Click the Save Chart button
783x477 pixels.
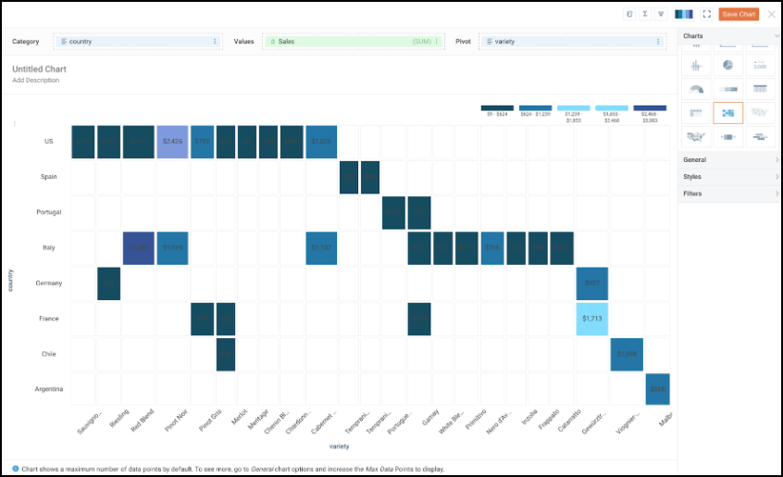739,14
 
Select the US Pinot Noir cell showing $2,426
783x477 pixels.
173,141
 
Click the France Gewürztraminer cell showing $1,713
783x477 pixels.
592,318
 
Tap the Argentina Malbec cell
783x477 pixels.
658,389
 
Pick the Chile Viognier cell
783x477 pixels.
627,354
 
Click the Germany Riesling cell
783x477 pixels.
109,282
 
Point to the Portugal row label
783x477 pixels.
49,212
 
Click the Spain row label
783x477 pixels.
50,176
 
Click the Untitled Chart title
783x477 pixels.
39,69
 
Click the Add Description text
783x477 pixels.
35,81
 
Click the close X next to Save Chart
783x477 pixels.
772,14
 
